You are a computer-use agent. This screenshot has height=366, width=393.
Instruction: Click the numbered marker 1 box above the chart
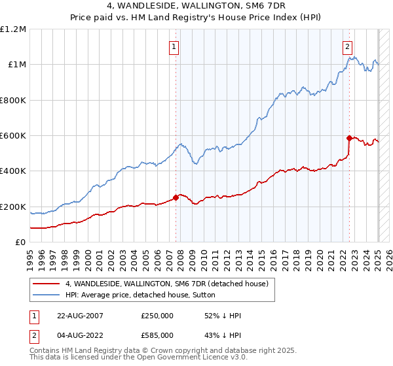pyautogui.click(x=174, y=46)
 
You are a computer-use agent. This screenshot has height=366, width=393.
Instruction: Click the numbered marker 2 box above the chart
pyautogui.click(x=346, y=46)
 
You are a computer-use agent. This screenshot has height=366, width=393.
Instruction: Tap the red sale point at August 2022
pyautogui.click(x=349, y=138)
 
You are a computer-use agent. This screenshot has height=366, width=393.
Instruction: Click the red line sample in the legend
pyautogui.click(x=46, y=284)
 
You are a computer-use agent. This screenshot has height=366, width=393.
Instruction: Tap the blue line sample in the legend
pyautogui.click(x=46, y=295)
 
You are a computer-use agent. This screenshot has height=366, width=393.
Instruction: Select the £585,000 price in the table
pyautogui.click(x=157, y=335)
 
